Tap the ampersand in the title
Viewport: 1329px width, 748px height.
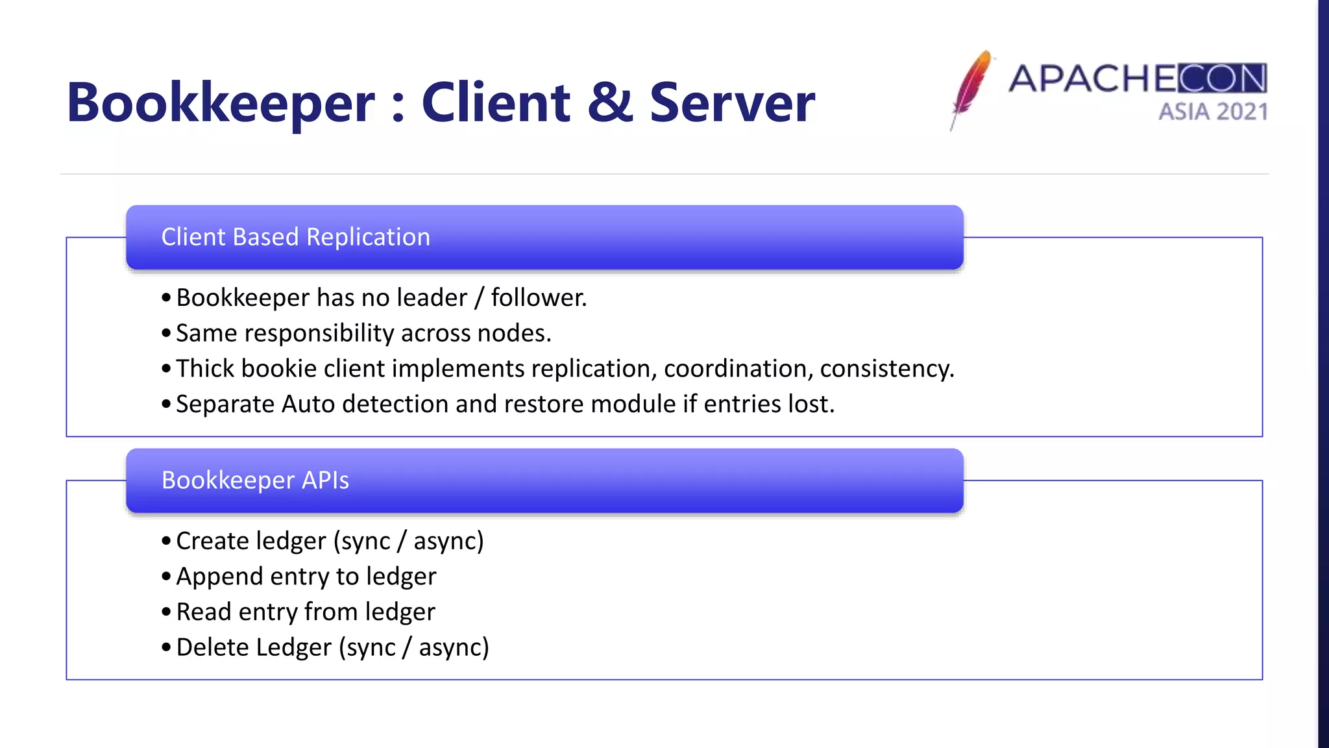pos(610,103)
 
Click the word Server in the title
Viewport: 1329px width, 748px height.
pos(732,103)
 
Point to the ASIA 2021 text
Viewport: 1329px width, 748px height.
pos(1213,112)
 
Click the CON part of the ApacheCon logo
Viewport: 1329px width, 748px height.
pos(1223,79)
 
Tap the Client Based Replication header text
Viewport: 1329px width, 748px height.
pos(295,237)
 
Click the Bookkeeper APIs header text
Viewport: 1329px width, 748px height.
pos(255,480)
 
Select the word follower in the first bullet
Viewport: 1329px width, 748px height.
pos(538,298)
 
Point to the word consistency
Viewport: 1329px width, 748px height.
pos(886,369)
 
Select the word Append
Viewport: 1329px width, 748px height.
pos(219,577)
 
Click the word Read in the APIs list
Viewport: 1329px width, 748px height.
pos(204,612)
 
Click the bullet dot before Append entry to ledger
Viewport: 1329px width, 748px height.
pos(166,577)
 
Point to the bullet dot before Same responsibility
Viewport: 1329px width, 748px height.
pos(166,334)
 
